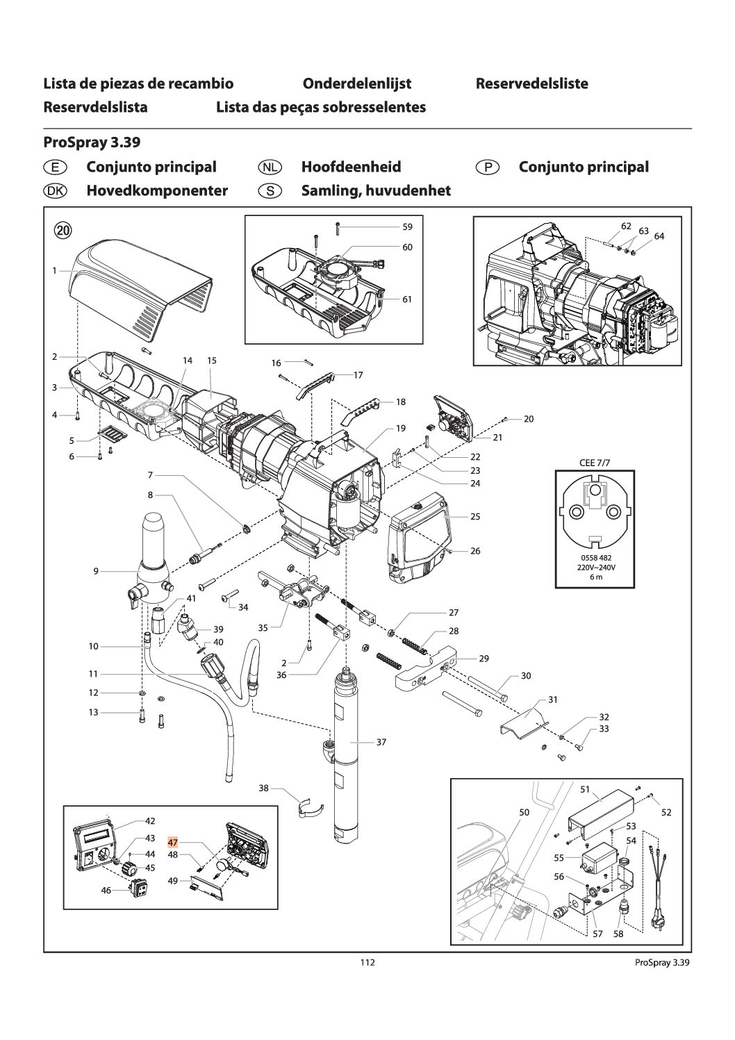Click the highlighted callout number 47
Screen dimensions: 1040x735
click(173, 841)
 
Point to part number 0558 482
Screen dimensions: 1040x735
click(591, 558)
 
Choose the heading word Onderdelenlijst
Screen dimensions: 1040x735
click(357, 84)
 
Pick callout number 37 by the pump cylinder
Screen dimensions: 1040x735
click(381, 742)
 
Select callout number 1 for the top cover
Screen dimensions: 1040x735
click(54, 270)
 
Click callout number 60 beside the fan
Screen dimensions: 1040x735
click(407, 247)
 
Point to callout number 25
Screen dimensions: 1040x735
click(475, 516)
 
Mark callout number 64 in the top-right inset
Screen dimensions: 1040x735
click(659, 236)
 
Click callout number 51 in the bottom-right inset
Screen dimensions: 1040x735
click(585, 789)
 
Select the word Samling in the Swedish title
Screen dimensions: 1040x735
click(329, 190)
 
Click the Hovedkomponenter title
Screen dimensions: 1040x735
click(157, 190)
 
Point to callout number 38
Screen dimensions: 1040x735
click(263, 789)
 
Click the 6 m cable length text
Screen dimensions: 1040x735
click(591, 578)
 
